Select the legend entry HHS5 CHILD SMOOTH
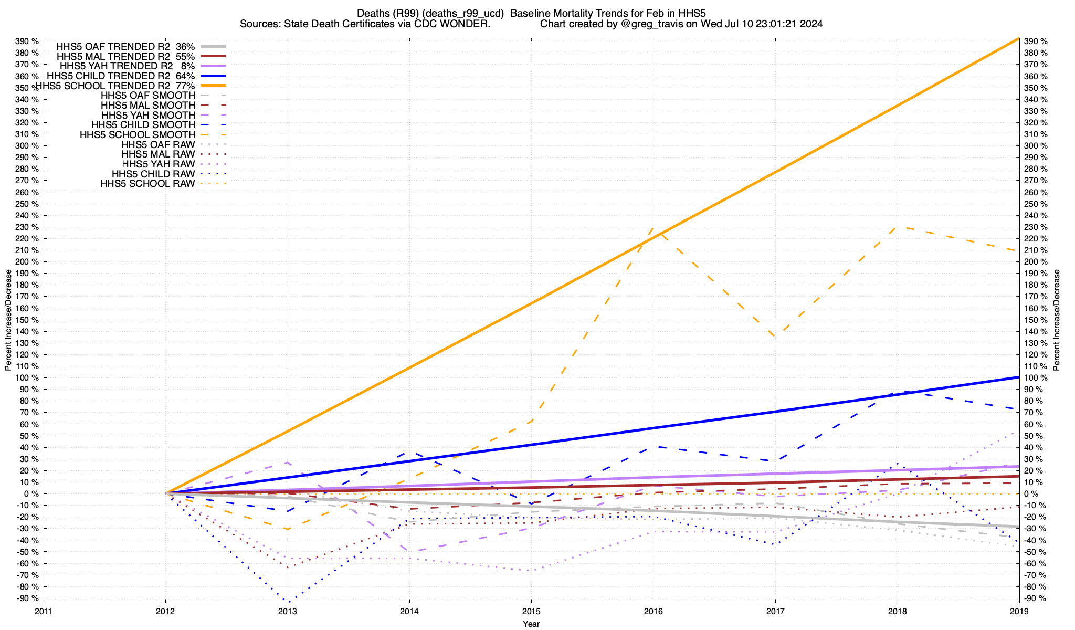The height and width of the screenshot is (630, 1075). [x=143, y=125]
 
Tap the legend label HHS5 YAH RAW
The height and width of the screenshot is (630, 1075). [x=158, y=164]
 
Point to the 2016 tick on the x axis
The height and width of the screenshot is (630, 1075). [x=654, y=611]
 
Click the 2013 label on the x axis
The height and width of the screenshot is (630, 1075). [x=288, y=611]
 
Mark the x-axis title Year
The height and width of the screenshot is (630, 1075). [x=531, y=624]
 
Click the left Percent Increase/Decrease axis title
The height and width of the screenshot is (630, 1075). [x=8, y=320]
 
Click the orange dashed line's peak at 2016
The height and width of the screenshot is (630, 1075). [x=653, y=227]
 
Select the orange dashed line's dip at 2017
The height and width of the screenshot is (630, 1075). [x=775, y=337]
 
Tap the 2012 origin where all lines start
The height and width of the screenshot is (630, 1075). [x=166, y=493]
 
